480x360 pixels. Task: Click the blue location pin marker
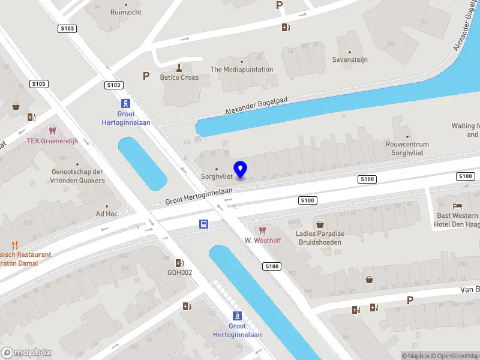tap(241, 170)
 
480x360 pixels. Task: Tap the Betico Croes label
tap(179, 77)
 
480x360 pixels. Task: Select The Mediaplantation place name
tap(242, 70)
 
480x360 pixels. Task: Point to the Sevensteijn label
tap(350, 60)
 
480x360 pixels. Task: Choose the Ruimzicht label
tap(125, 12)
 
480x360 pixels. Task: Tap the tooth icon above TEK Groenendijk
tap(52, 130)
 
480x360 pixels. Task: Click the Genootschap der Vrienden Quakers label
tap(78, 176)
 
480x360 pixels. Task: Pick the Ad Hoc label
tap(106, 214)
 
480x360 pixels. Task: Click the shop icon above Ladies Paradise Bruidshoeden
tap(320, 224)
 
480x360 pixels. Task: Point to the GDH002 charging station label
tap(179, 272)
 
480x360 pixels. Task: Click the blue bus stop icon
tap(204, 224)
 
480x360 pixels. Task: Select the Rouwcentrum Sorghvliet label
tap(407, 148)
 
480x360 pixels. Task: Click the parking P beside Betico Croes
tap(146, 76)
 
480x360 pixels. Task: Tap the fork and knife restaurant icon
tap(15, 245)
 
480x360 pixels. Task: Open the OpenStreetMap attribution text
tap(454, 356)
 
